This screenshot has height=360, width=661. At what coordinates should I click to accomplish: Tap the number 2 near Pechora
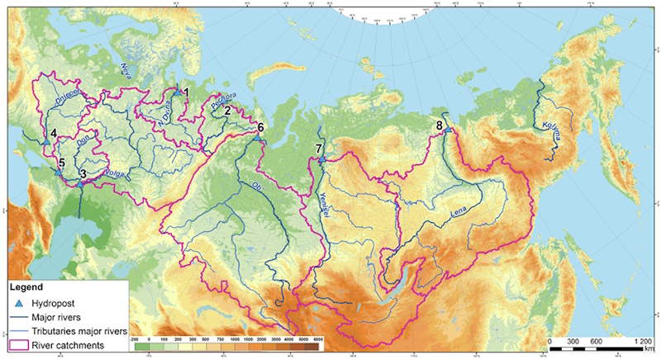pyautogui.click(x=227, y=110)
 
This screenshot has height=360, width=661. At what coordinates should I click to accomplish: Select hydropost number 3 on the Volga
pyautogui.click(x=83, y=173)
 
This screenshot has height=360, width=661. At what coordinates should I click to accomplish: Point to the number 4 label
pyautogui.click(x=53, y=133)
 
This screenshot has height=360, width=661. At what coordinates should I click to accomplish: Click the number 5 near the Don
pyautogui.click(x=61, y=162)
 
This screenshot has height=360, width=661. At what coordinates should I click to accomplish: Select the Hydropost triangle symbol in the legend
pyautogui.click(x=18, y=303)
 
